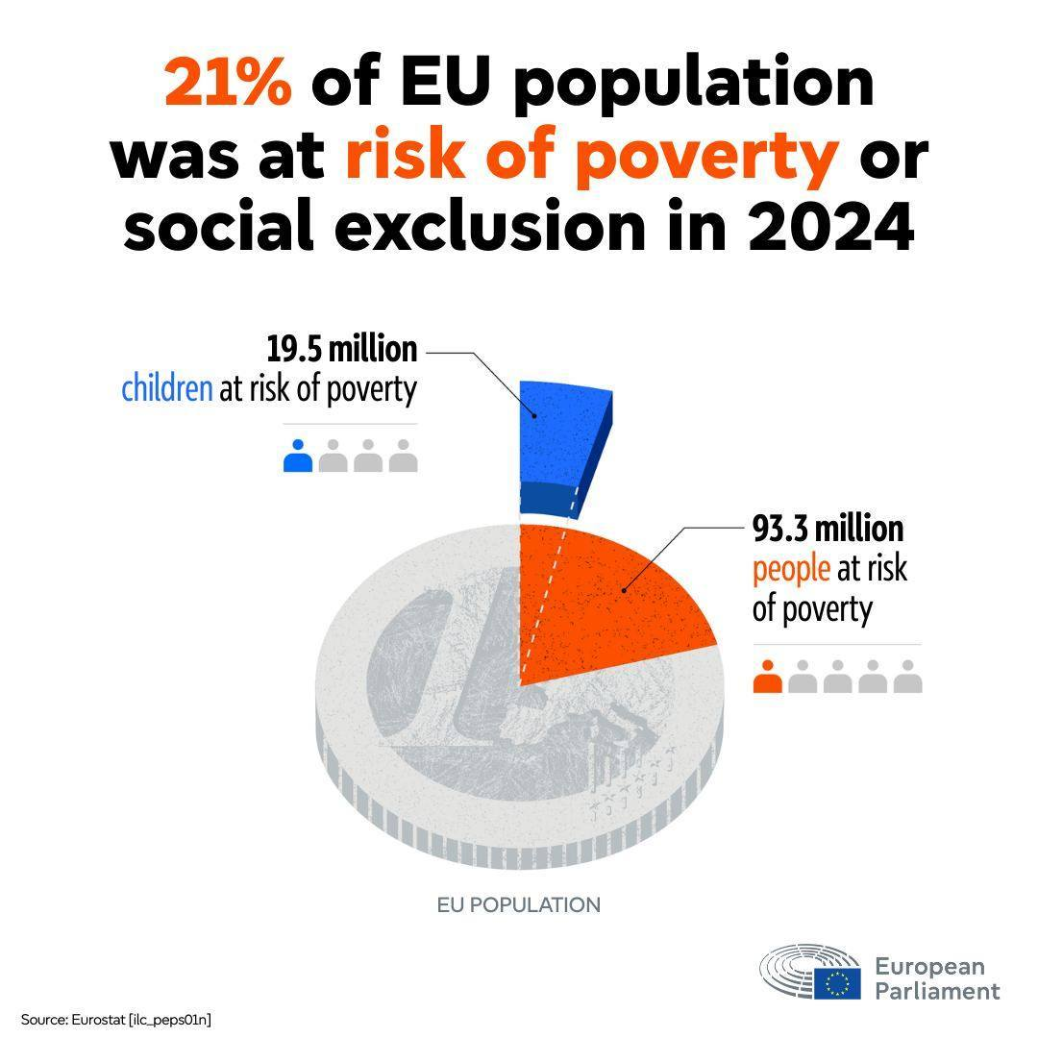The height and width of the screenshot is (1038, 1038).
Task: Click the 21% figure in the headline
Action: pos(228,85)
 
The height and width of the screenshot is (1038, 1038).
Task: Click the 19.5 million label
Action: pos(341,349)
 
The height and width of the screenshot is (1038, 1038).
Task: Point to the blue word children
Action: pos(166,389)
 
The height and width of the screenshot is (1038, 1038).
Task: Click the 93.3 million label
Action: pos(828,529)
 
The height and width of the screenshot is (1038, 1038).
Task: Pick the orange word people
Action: pos(791,569)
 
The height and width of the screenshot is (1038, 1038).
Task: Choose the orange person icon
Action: pos(768,677)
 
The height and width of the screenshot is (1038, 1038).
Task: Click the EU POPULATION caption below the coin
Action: pos(519,905)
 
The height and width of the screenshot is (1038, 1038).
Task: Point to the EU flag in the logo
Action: pos(837,982)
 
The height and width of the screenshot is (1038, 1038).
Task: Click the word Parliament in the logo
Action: pos(937,991)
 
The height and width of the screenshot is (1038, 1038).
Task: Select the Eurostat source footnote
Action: pos(115,1019)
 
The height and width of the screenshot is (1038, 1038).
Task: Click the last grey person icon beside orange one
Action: pos(907,677)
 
